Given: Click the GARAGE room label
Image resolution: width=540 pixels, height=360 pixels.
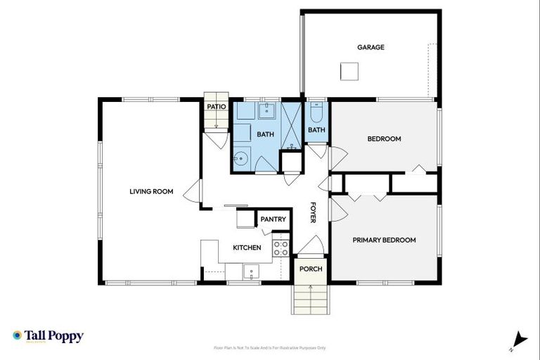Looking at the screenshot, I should pyautogui.click(x=371, y=47).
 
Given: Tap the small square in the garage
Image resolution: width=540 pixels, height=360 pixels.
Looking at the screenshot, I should pyautogui.click(x=349, y=71).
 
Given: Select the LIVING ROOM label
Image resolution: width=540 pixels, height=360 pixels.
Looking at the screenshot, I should pyautogui.click(x=151, y=191).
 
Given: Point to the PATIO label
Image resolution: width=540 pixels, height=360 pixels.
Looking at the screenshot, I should pyautogui.click(x=216, y=107).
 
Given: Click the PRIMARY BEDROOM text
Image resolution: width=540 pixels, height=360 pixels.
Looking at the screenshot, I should pyautogui.click(x=384, y=240).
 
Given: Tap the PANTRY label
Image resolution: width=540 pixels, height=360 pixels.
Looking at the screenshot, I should pyautogui.click(x=273, y=219).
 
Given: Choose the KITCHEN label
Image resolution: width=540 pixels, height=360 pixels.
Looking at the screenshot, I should pyautogui.click(x=247, y=247).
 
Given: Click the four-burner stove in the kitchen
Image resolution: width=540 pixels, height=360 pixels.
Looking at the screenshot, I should pyautogui.click(x=281, y=248).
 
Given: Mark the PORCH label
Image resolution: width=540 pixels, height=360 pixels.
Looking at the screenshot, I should pyautogui.click(x=311, y=269).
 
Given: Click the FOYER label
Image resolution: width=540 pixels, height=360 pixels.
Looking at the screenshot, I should pyautogui.click(x=314, y=213).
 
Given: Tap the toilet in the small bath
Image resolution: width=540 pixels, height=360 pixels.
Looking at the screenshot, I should pyautogui.click(x=316, y=112).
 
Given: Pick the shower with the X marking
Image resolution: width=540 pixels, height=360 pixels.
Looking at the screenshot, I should pyautogui.click(x=290, y=125).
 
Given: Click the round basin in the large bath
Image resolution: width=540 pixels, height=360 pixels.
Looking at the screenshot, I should pyautogui.click(x=241, y=158).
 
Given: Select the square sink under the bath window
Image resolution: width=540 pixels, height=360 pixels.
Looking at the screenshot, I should pyautogui.click(x=266, y=110).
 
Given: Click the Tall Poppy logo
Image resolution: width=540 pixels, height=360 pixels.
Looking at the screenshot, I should pyautogui.click(x=48, y=336).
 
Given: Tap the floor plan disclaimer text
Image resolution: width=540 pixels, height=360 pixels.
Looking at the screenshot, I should pyautogui.click(x=270, y=347).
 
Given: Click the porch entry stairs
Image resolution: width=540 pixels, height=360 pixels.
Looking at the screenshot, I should pyautogui.click(x=310, y=299).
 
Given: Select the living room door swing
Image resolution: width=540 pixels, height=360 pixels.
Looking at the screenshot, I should pyautogui.click(x=192, y=192).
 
